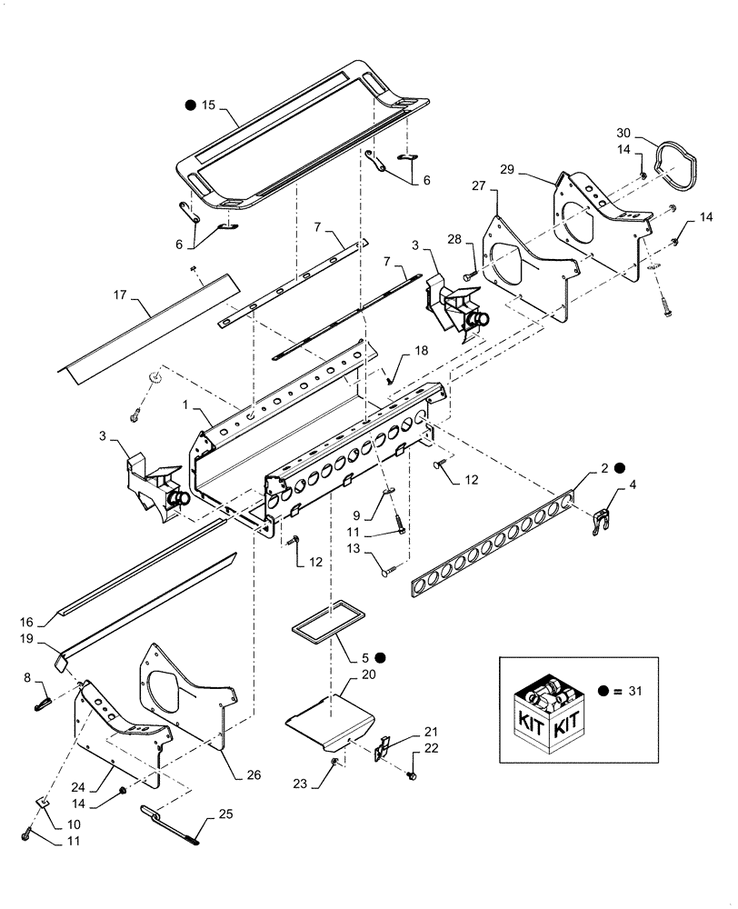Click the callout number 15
[x=208, y=105]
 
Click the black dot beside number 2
[x=619, y=468]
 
